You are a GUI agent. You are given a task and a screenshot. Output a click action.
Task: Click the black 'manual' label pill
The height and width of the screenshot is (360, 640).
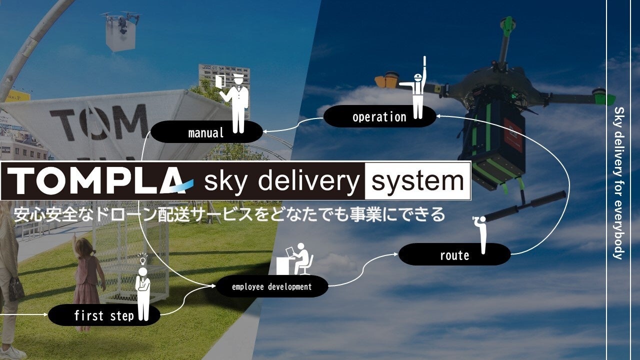point(206,132)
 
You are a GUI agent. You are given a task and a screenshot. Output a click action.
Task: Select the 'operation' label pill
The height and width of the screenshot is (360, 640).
point(379,117)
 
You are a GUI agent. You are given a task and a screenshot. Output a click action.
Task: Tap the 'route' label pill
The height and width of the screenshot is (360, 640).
point(454,255)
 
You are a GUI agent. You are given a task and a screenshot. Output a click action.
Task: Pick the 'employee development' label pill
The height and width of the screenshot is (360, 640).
point(271,287)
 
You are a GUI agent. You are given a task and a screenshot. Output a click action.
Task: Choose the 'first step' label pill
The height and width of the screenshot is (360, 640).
point(104,315)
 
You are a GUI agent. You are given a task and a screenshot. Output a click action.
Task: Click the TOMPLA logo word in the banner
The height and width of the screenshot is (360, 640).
point(97,180)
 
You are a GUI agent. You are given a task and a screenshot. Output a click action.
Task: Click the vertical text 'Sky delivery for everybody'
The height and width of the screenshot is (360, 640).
point(618,182)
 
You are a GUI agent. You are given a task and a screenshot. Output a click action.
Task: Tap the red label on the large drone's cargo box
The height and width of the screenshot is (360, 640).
point(513,135)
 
